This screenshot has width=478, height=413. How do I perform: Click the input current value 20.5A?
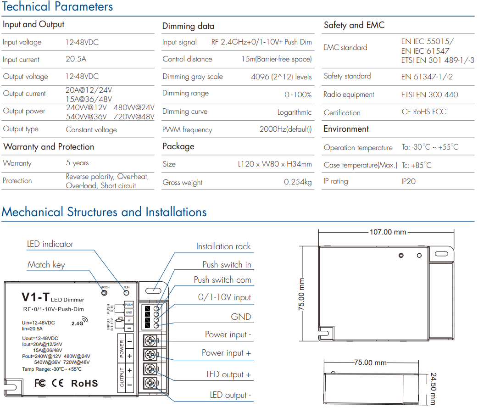(x=76, y=59)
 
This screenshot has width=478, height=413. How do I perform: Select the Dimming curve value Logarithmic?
(x=294, y=112)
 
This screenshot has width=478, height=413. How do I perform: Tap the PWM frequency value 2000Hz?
(x=286, y=129)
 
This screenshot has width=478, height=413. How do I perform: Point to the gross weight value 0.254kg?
(x=298, y=182)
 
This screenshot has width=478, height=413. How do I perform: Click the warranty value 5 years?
(x=78, y=163)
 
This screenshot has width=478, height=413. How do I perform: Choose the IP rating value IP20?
(x=408, y=181)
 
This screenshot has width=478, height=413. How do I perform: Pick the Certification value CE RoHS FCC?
(x=424, y=112)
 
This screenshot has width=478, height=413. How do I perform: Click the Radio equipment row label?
(x=349, y=95)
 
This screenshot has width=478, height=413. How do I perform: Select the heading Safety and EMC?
(x=354, y=25)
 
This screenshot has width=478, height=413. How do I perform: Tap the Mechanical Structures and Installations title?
(x=104, y=212)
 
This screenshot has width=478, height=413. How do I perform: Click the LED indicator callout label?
(x=50, y=244)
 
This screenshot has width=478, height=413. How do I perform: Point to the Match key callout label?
(x=46, y=264)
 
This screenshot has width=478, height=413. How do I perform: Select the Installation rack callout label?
(x=223, y=246)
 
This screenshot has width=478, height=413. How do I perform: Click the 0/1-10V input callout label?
(x=224, y=297)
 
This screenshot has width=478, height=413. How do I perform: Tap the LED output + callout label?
(x=228, y=374)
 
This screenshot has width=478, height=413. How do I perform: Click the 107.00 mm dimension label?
(x=388, y=232)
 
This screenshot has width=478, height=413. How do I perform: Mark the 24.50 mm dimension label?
(x=433, y=389)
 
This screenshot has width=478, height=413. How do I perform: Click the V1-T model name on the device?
(x=35, y=297)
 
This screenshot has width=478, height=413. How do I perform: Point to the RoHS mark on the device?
(x=84, y=384)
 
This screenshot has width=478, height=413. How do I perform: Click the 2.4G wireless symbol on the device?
(x=79, y=322)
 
